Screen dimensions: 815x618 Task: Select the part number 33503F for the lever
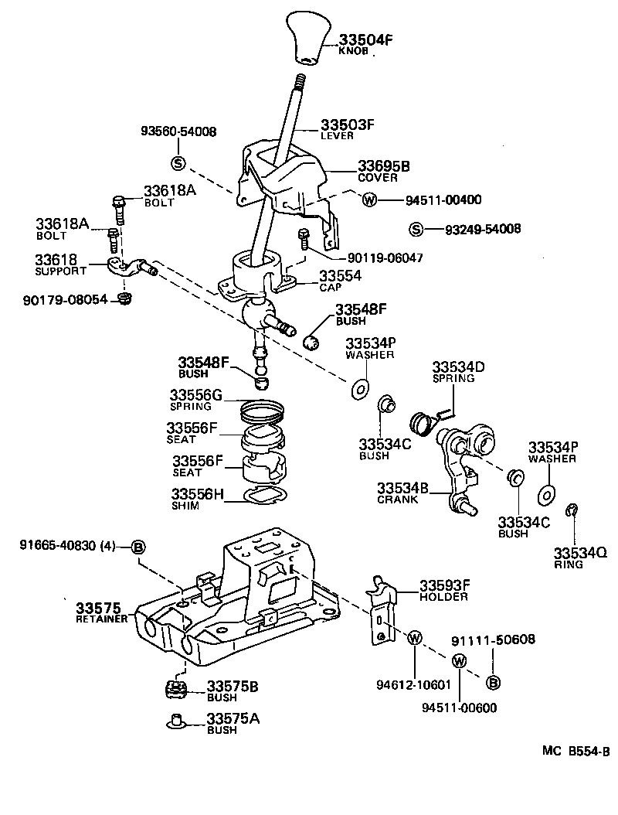click(348, 125)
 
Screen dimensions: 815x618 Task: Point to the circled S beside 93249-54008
click(416, 229)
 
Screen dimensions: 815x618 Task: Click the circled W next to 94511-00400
click(368, 199)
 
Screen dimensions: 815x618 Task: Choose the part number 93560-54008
click(178, 131)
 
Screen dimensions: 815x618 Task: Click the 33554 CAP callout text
click(341, 280)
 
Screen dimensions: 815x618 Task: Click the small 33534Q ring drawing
click(572, 509)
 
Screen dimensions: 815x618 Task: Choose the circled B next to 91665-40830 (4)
click(138, 547)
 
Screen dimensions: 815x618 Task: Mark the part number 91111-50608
click(493, 639)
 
